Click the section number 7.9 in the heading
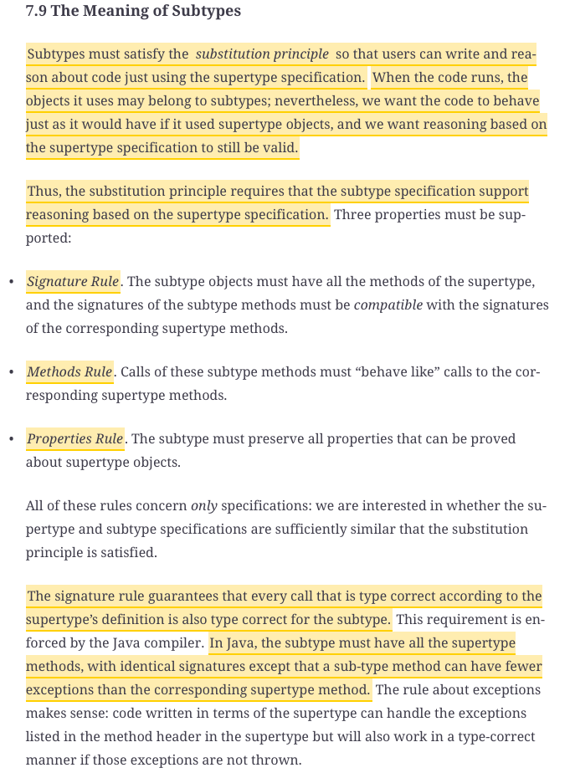(36, 12)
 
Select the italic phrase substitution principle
(262, 54)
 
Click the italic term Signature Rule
(73, 281)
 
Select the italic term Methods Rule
(69, 371)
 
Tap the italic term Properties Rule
(75, 438)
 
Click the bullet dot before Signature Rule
(10, 282)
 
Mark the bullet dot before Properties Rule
(10, 439)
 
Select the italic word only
(204, 506)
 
